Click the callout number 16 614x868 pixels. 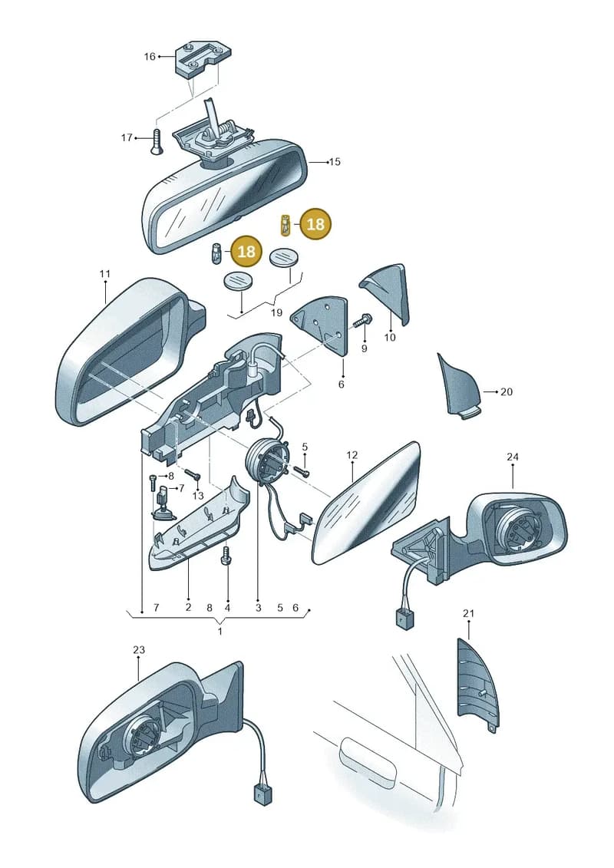[150, 57]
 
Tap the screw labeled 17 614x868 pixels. [156, 142]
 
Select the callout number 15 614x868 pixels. [335, 162]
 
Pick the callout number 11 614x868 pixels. [105, 273]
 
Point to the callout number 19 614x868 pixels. [276, 312]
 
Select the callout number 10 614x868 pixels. [390, 337]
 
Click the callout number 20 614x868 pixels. [507, 391]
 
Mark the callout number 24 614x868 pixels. [513, 457]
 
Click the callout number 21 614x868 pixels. [468, 613]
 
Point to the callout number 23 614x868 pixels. [138, 649]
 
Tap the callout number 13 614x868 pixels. [198, 496]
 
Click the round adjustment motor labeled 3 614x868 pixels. [267, 460]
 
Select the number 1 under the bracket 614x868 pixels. [220, 631]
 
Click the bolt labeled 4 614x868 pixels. [226, 556]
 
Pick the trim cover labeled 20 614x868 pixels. [458, 386]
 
